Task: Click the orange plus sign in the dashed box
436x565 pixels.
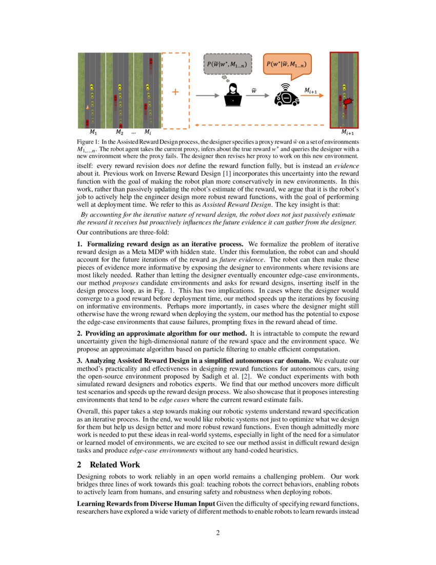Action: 175,91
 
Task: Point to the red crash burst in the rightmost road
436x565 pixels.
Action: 349,102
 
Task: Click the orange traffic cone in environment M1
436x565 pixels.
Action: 88,108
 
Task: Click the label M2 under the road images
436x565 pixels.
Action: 120,132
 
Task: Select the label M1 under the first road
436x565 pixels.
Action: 92,132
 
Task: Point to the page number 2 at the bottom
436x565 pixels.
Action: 218,533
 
